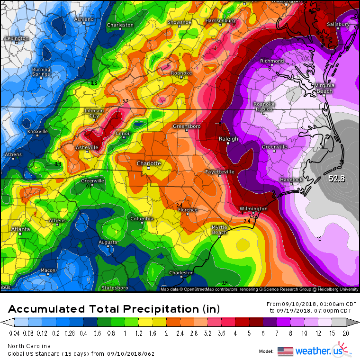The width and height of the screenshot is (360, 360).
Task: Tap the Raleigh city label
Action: pos(228,139)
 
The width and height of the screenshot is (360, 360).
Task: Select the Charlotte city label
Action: pos(149,163)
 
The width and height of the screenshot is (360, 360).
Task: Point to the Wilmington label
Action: pos(253,208)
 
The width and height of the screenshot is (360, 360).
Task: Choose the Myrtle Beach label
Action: pos(219,230)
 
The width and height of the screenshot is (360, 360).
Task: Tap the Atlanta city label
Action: pos(21,229)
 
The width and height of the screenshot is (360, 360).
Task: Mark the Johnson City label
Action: pos(94,113)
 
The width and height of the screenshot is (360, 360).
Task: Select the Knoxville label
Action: pos(38,131)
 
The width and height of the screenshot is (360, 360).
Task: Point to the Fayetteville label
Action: pos(220,171)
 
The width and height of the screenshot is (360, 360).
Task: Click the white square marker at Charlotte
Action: pos(148,168)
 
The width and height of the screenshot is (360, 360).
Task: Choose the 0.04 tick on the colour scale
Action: pos(15,333)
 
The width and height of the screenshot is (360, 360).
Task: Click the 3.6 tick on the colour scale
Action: pos(221,333)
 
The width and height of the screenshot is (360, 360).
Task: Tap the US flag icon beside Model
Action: pos(285,351)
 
